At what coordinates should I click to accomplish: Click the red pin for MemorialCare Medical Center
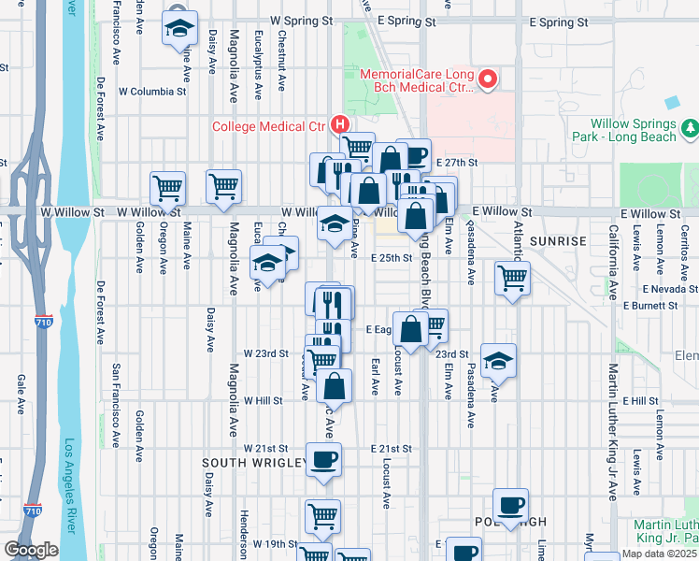point(487,79)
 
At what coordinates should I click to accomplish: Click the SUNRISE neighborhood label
point(559,241)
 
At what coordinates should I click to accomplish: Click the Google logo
point(30,550)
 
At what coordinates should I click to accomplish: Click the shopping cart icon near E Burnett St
point(512,278)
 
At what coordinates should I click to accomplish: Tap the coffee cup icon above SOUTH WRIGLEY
point(324,459)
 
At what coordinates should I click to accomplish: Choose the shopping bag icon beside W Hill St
point(335,385)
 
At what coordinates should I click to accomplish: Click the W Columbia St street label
point(152,92)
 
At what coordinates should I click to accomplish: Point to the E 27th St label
point(457,162)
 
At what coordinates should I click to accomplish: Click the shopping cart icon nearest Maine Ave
point(167,187)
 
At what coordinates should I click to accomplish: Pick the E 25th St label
point(391,258)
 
